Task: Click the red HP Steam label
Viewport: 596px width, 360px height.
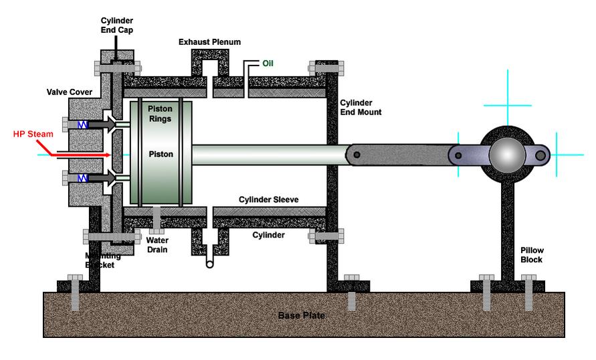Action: tap(29, 134)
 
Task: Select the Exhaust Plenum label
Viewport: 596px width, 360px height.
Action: tap(209, 41)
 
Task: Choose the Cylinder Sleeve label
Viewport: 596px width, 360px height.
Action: tap(268, 199)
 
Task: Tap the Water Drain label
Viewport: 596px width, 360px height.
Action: tap(158, 245)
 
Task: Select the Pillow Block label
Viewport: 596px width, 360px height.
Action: tap(532, 255)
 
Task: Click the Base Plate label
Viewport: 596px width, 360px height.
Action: tap(301, 315)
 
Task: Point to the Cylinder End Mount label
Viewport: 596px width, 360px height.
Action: tap(360, 108)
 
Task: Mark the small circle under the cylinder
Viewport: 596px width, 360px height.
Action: tap(210, 264)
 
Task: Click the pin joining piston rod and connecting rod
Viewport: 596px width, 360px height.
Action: tap(357, 155)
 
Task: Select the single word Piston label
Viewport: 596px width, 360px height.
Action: tap(161, 154)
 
